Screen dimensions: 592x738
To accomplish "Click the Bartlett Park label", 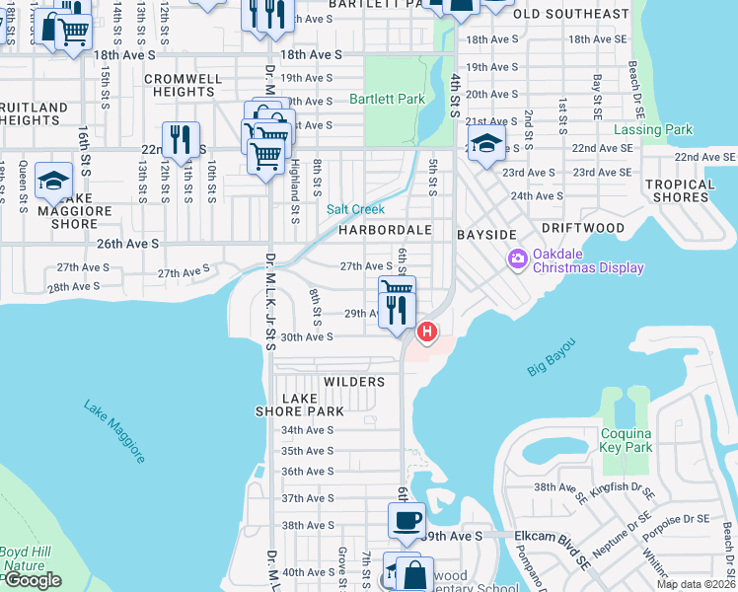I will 387,100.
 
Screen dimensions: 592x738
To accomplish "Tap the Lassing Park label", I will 653,130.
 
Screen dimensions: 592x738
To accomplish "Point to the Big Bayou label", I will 551,356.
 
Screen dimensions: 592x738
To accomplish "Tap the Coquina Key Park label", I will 627,440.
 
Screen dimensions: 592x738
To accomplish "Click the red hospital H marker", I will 426,333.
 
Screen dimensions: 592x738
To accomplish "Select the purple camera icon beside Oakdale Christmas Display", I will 517,259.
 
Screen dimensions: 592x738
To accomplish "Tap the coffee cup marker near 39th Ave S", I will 406,519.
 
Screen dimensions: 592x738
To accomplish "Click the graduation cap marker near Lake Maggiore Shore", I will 54,181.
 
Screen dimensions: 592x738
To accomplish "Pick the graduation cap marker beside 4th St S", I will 486,143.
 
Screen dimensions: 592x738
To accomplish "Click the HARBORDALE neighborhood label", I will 385,230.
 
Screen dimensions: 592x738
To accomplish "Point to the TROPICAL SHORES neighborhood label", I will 680,190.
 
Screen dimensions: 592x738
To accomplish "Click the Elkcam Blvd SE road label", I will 553,536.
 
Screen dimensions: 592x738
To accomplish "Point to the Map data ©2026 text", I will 696,584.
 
